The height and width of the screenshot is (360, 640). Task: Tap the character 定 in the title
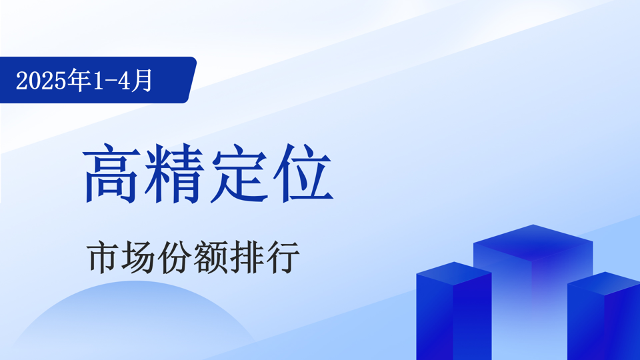coord(239,173)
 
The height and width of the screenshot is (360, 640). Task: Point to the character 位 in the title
coord(303,173)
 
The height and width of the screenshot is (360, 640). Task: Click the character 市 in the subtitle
coord(103,257)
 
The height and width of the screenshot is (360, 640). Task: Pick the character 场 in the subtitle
coord(139,257)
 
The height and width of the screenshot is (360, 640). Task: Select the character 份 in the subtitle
coord(174,257)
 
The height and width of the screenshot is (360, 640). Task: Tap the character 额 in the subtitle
coord(210,257)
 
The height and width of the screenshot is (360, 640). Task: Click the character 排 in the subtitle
coord(246,257)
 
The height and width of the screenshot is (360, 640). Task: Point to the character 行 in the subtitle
coord(282,257)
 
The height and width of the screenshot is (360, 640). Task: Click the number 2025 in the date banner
coord(41,81)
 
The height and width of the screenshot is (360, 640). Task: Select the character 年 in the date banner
coord(79,80)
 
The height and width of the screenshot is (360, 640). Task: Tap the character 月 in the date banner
coord(141,80)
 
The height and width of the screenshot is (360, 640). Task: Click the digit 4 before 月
coord(123,81)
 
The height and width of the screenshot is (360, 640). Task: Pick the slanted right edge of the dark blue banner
coord(192,80)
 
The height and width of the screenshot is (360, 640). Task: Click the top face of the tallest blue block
coord(533,243)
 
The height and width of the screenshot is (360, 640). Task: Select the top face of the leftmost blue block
coord(454,273)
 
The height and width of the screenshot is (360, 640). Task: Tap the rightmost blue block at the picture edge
coord(604,316)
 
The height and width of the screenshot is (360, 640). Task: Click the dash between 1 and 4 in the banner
coord(109,81)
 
